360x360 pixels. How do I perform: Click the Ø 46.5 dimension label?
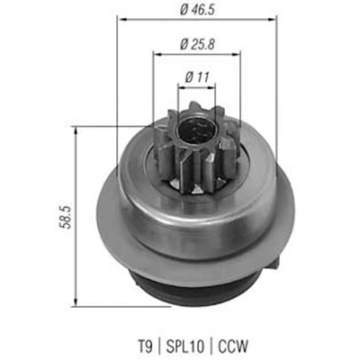[197, 10]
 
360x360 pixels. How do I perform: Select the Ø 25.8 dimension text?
[197, 45]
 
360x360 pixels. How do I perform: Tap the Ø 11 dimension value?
[197, 77]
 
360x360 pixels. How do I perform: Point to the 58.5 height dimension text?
[67, 217]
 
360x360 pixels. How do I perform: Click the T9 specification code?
[146, 346]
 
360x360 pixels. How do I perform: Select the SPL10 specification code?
[185, 346]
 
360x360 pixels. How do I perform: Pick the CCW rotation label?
[233, 346]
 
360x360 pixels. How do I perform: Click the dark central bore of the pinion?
[197, 130]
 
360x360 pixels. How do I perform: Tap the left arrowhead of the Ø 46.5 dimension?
[122, 20]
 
